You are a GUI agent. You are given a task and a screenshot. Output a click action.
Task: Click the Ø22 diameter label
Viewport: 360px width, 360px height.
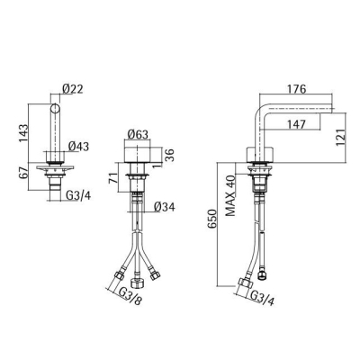72,89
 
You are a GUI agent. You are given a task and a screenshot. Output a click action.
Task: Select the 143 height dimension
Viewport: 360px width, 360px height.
23,133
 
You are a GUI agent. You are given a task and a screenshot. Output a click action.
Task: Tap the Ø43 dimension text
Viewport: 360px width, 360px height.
78,147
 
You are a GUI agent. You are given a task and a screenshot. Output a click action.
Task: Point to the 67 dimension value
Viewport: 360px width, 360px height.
23,174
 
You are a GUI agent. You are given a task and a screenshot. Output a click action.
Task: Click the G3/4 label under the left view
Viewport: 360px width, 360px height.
78,196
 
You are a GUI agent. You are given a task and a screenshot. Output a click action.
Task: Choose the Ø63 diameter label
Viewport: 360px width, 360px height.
138,135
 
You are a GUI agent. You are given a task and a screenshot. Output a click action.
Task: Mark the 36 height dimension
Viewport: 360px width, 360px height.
170,155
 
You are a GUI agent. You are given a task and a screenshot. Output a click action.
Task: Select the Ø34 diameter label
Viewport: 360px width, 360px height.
164,207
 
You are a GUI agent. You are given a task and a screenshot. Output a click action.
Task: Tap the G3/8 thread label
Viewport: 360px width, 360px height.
130,296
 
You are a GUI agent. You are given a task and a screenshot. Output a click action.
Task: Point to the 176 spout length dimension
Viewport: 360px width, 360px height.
296,89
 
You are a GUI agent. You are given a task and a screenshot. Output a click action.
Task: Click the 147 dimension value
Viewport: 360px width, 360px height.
296,124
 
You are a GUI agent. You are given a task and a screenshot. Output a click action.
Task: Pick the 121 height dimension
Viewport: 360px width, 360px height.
341,137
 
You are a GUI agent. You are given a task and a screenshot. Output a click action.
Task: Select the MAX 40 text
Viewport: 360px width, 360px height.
231,195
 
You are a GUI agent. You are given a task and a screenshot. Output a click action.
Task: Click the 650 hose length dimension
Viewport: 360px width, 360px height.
212,219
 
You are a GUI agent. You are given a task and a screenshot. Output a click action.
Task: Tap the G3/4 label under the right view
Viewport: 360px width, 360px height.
262,298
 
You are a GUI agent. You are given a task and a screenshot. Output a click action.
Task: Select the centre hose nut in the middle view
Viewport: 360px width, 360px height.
137,283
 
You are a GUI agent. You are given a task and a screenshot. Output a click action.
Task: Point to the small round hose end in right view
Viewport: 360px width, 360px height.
262,275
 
